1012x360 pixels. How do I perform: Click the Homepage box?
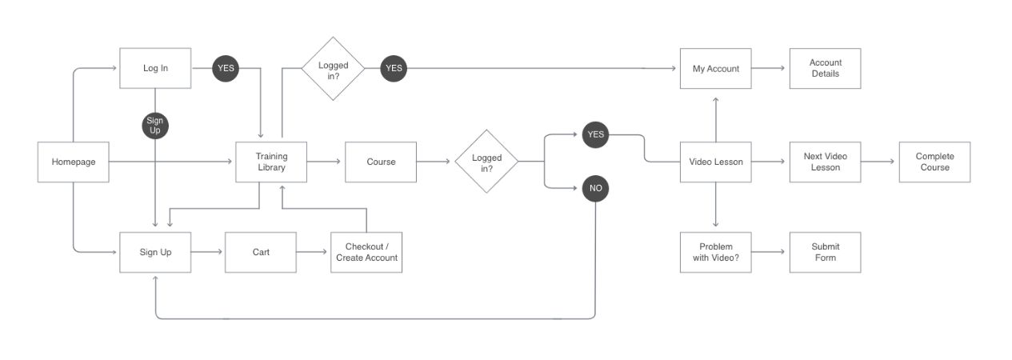click(x=74, y=162)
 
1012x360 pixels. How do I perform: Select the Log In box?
click(x=155, y=69)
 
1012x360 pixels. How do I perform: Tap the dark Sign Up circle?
click(x=155, y=126)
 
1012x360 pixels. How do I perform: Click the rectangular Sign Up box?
click(x=155, y=252)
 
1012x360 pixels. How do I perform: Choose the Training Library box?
click(x=271, y=162)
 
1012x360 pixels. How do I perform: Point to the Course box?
click(x=381, y=162)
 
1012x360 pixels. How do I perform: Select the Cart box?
click(x=261, y=252)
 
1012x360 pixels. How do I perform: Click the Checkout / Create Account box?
click(x=366, y=252)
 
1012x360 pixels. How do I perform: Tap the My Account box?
click(x=716, y=69)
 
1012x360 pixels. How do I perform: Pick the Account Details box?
click(x=825, y=69)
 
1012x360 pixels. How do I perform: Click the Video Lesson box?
click(x=716, y=162)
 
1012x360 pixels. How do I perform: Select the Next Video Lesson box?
click(x=825, y=162)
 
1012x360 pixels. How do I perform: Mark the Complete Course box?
click(x=934, y=162)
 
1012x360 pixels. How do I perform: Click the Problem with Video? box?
click(x=716, y=252)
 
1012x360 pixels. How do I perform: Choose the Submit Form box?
click(x=825, y=252)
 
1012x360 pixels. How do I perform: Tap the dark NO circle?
click(x=595, y=190)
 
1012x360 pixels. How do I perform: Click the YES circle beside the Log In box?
click(x=226, y=69)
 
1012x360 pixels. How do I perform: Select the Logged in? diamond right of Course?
click(x=486, y=162)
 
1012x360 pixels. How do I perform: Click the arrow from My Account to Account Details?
click(x=770, y=69)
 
